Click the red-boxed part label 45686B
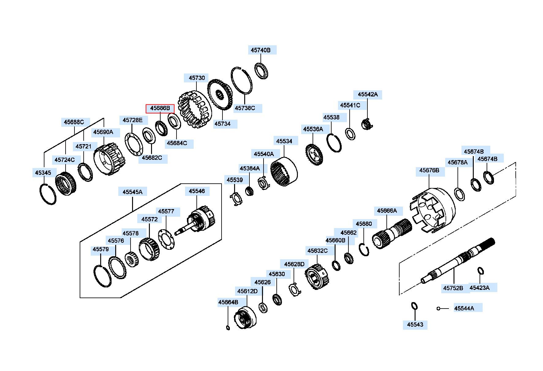[160, 108]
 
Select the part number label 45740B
[261, 50]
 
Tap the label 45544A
[464, 308]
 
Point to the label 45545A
[133, 192]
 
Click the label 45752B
[453, 288]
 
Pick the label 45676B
[429, 171]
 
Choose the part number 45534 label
[284, 141]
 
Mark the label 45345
[43, 173]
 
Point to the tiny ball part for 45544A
[439, 309]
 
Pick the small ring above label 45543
[414, 306]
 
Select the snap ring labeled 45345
[48, 194]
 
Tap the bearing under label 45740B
[262, 71]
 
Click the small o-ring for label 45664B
[228, 328]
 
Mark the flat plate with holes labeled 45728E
[134, 144]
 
